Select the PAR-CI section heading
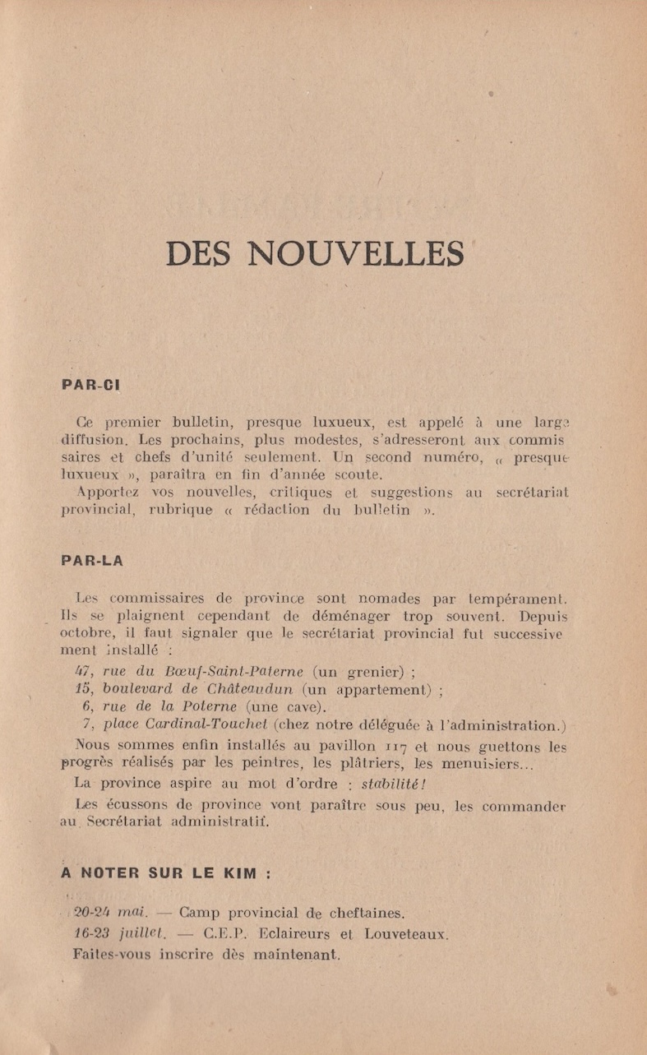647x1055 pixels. (x=92, y=384)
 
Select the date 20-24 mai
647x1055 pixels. (x=108, y=913)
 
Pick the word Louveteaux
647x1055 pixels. (x=405, y=934)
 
